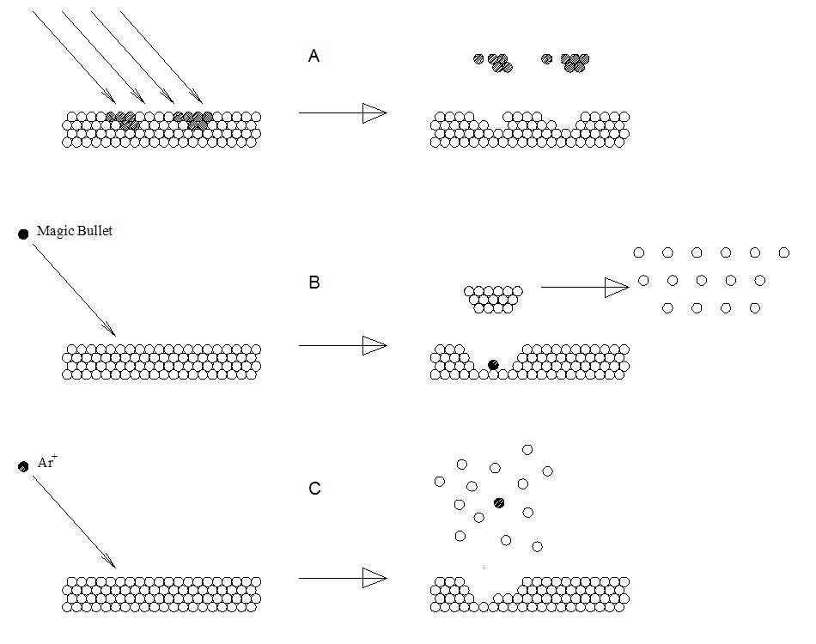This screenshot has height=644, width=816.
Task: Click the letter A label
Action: tap(314, 57)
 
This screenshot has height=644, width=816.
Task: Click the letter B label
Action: tap(314, 283)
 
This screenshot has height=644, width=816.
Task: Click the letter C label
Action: tap(314, 489)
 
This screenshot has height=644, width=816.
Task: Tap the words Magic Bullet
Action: tap(75, 232)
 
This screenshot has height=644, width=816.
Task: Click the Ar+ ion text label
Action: tap(47, 463)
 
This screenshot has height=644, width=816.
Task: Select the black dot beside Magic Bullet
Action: tap(23, 234)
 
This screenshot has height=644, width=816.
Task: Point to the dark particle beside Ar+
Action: tap(23, 466)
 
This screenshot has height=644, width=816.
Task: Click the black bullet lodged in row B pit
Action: tap(493, 365)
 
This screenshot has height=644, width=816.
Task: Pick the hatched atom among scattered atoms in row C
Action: tap(498, 502)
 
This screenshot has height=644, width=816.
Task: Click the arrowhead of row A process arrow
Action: tap(375, 112)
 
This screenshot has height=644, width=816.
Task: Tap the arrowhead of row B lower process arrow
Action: tap(375, 346)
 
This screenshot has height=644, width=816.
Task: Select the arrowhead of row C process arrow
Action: tap(375, 578)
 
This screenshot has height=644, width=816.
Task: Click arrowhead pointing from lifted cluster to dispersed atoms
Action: tap(617, 288)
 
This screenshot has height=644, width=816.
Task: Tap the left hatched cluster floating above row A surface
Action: tap(494, 62)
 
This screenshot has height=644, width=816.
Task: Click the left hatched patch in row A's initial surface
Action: tap(122, 120)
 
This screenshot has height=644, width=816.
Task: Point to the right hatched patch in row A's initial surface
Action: tap(193, 120)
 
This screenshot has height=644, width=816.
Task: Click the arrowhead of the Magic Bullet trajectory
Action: tap(110, 329)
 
